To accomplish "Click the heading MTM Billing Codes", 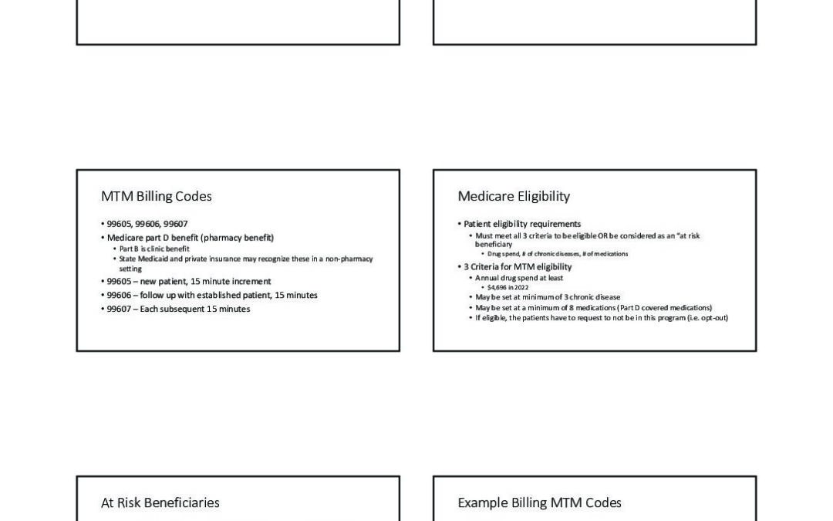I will [x=156, y=197].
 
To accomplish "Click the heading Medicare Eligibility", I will [x=514, y=197].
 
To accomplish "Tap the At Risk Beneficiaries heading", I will [x=160, y=503].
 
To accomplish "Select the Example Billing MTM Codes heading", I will [x=539, y=503].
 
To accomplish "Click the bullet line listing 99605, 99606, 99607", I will [x=147, y=224].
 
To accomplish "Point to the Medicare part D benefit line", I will [x=190, y=238].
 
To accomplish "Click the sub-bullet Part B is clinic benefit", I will [x=154, y=249].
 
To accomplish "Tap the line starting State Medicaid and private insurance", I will [x=245, y=259].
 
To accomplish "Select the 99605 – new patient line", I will [x=188, y=282].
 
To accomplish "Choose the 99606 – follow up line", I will [x=211, y=296].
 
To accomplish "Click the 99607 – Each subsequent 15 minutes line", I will [x=177, y=310].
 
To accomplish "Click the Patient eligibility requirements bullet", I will [x=521, y=224].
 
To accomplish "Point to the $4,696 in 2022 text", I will [x=508, y=287].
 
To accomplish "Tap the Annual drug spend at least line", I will [x=518, y=278].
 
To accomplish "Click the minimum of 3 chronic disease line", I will [x=547, y=297].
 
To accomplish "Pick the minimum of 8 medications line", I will [x=592, y=308].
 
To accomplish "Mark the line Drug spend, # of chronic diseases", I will [x=557, y=254].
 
